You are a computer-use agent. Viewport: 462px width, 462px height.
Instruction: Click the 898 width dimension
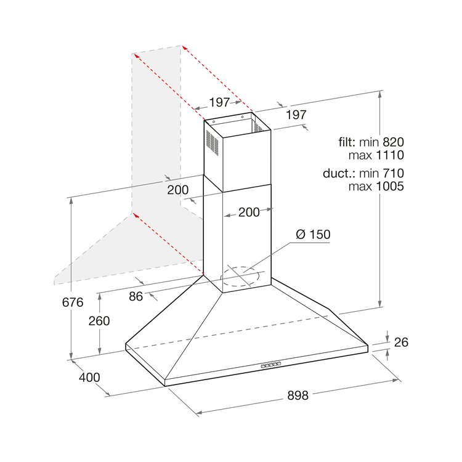(298, 395)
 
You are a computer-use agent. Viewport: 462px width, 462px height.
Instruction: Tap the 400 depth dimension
(89, 378)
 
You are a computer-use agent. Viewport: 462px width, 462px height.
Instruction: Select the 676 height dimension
(73, 302)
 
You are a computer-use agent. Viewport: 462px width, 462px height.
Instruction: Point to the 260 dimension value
(99, 321)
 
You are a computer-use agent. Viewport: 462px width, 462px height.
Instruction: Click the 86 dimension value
(136, 296)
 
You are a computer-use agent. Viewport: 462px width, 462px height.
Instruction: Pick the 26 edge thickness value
(401, 342)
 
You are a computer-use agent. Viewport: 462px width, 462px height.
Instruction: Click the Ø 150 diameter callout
(313, 235)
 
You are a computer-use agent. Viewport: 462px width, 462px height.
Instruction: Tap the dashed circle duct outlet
(240, 277)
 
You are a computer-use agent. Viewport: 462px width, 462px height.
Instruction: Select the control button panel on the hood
(270, 365)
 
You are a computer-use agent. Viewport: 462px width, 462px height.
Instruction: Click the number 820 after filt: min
(393, 142)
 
